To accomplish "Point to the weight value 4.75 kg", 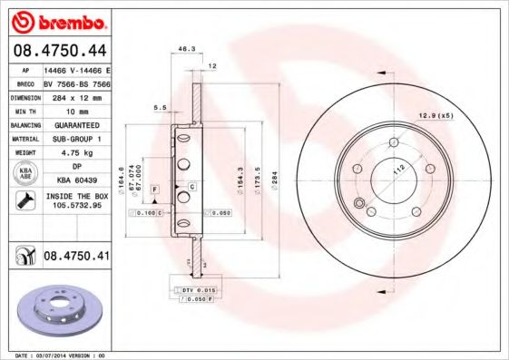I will tap(76, 152).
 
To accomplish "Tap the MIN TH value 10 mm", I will tap(76, 110).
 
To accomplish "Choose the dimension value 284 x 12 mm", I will tap(76, 96).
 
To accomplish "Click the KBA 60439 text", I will tap(76, 180).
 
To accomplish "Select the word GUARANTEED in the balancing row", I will tap(76, 124).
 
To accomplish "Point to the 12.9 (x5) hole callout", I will tap(435, 115).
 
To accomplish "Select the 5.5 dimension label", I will tap(160, 107).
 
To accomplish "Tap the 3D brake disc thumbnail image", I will tap(59, 308).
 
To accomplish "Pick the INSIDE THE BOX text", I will tap(76, 195).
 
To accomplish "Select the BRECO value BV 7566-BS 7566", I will tap(76, 83).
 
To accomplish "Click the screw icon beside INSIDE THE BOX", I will tap(24, 199).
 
